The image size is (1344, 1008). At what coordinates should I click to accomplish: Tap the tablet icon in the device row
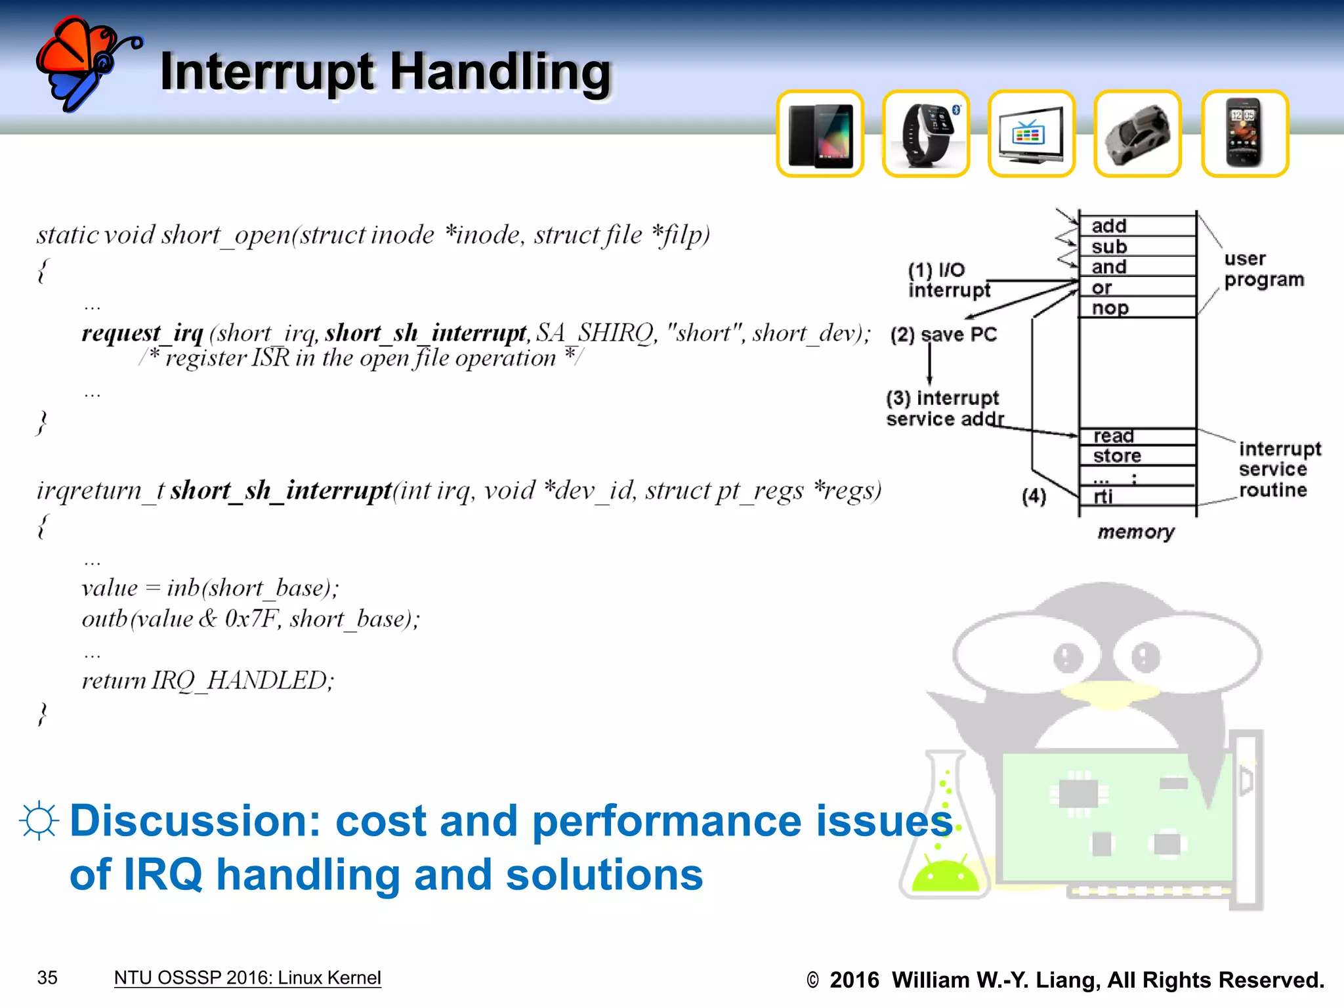[x=820, y=135]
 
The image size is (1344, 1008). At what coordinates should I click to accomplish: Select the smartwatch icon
[x=925, y=135]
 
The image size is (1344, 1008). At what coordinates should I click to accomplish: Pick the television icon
[x=1031, y=135]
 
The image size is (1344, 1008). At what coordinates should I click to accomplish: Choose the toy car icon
[x=1137, y=135]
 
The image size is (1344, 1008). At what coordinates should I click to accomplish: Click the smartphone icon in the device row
[x=1244, y=135]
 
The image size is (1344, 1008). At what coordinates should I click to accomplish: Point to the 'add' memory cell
[x=1137, y=226]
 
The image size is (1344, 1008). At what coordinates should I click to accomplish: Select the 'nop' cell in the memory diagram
[x=1137, y=308]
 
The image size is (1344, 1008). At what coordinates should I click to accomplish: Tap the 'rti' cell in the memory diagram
[x=1137, y=496]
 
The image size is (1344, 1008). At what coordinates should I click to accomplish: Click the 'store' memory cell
[x=1137, y=455]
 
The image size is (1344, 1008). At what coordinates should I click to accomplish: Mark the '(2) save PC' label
[x=943, y=335]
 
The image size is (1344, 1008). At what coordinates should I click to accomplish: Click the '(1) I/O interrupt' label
[x=948, y=280]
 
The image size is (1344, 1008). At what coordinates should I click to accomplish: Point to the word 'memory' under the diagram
[x=1136, y=532]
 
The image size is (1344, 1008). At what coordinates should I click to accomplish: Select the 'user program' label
[x=1263, y=269]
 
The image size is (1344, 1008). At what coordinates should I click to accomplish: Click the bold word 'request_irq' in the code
[x=142, y=333]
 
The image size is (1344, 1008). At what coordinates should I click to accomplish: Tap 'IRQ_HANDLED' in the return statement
[x=239, y=681]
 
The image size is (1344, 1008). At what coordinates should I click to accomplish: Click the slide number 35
[x=47, y=978]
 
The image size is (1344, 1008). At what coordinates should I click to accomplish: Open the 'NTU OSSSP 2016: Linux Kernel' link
[x=247, y=978]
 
